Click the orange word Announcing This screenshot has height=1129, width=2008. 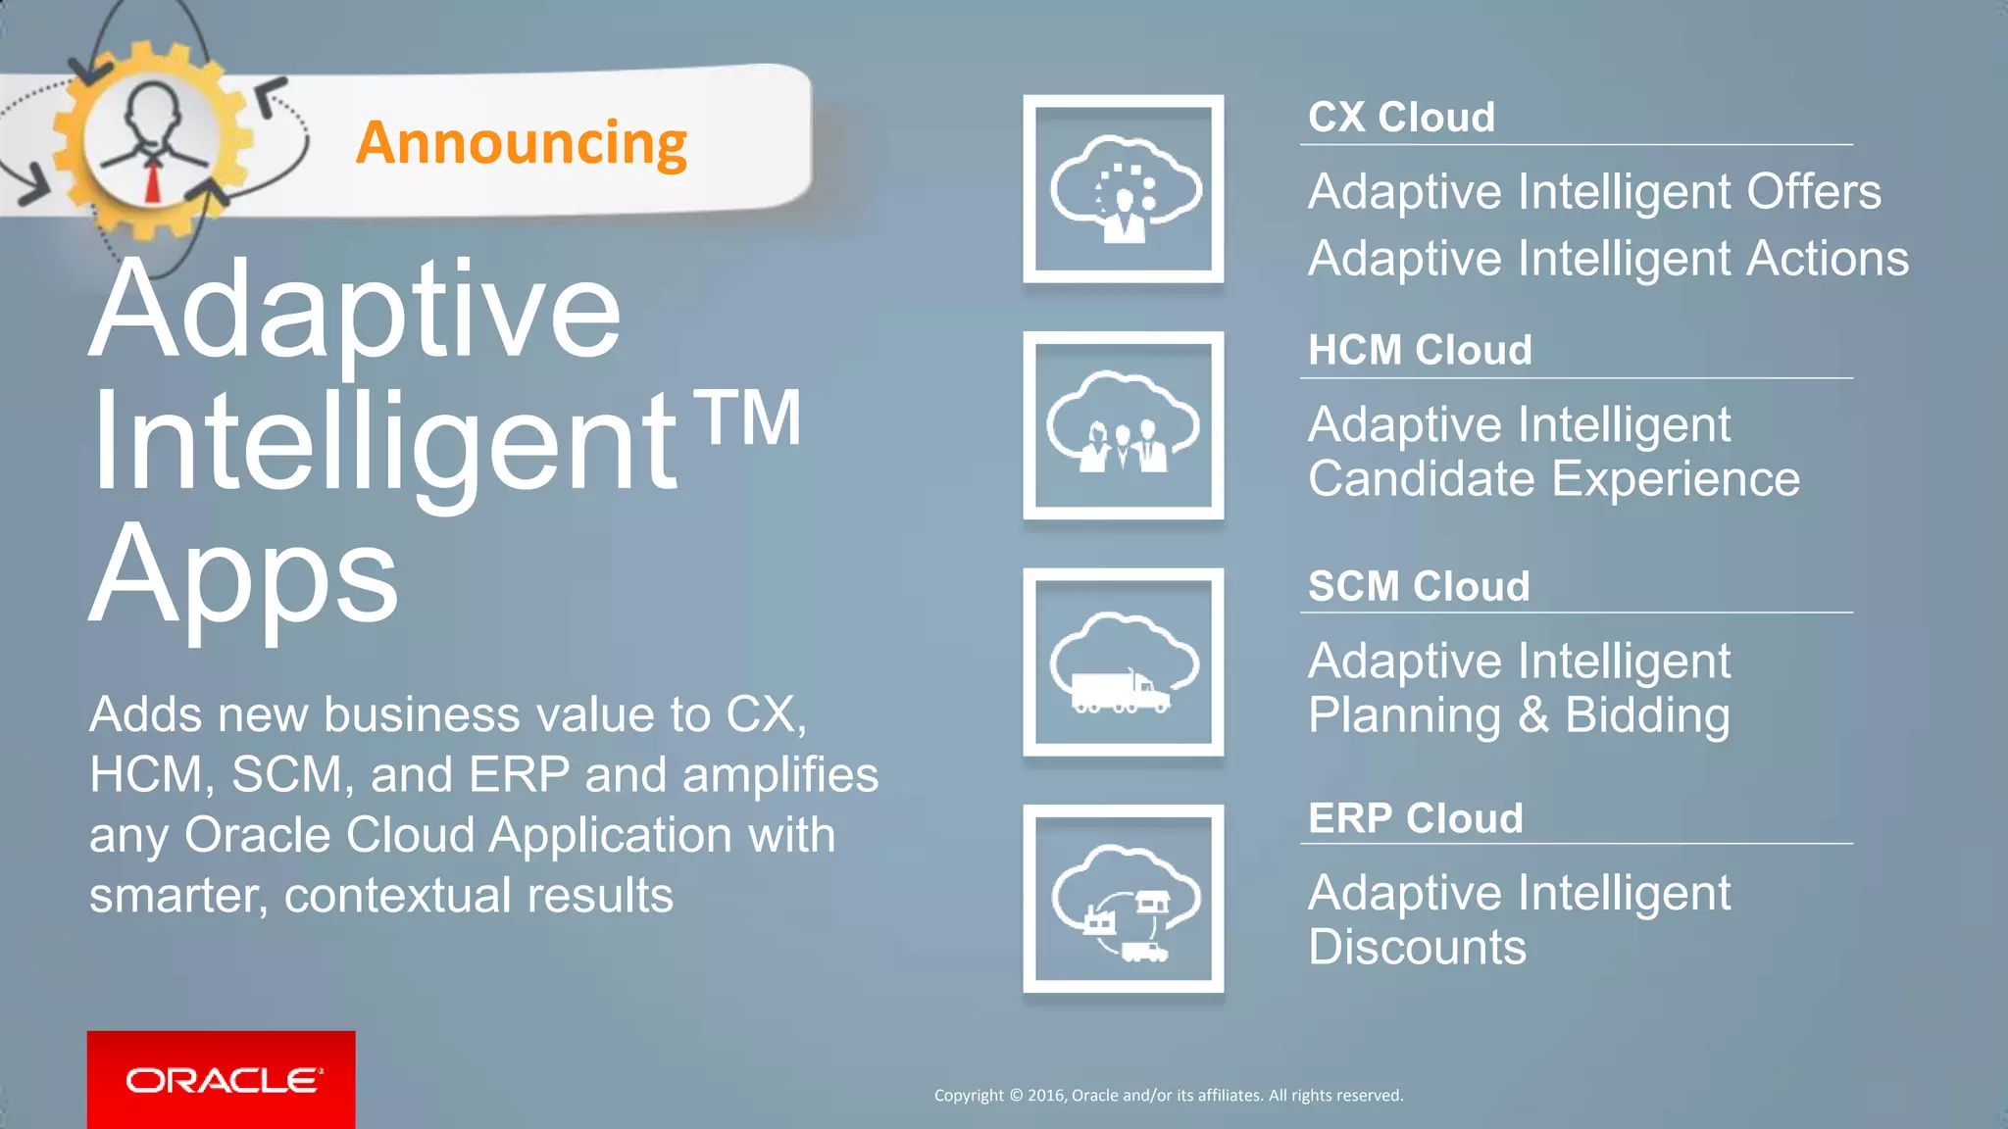[521, 144]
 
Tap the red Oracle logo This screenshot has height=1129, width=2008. [222, 1080]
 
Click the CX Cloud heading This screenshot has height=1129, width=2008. [1401, 118]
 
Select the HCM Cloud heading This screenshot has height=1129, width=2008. [1419, 351]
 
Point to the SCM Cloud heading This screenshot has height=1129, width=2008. [1418, 587]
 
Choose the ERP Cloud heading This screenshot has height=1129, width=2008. [1415, 818]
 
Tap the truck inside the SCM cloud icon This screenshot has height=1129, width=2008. [1119, 691]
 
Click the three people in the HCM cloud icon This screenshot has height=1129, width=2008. [1124, 448]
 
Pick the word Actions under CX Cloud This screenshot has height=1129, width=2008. [1827, 260]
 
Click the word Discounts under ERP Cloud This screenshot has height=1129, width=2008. [1417, 948]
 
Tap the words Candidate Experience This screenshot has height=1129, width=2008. [1553, 479]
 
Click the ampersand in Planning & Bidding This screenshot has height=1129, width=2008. [1532, 715]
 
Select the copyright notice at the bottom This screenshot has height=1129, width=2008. [1168, 1096]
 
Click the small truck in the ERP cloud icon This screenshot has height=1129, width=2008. [1142, 951]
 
